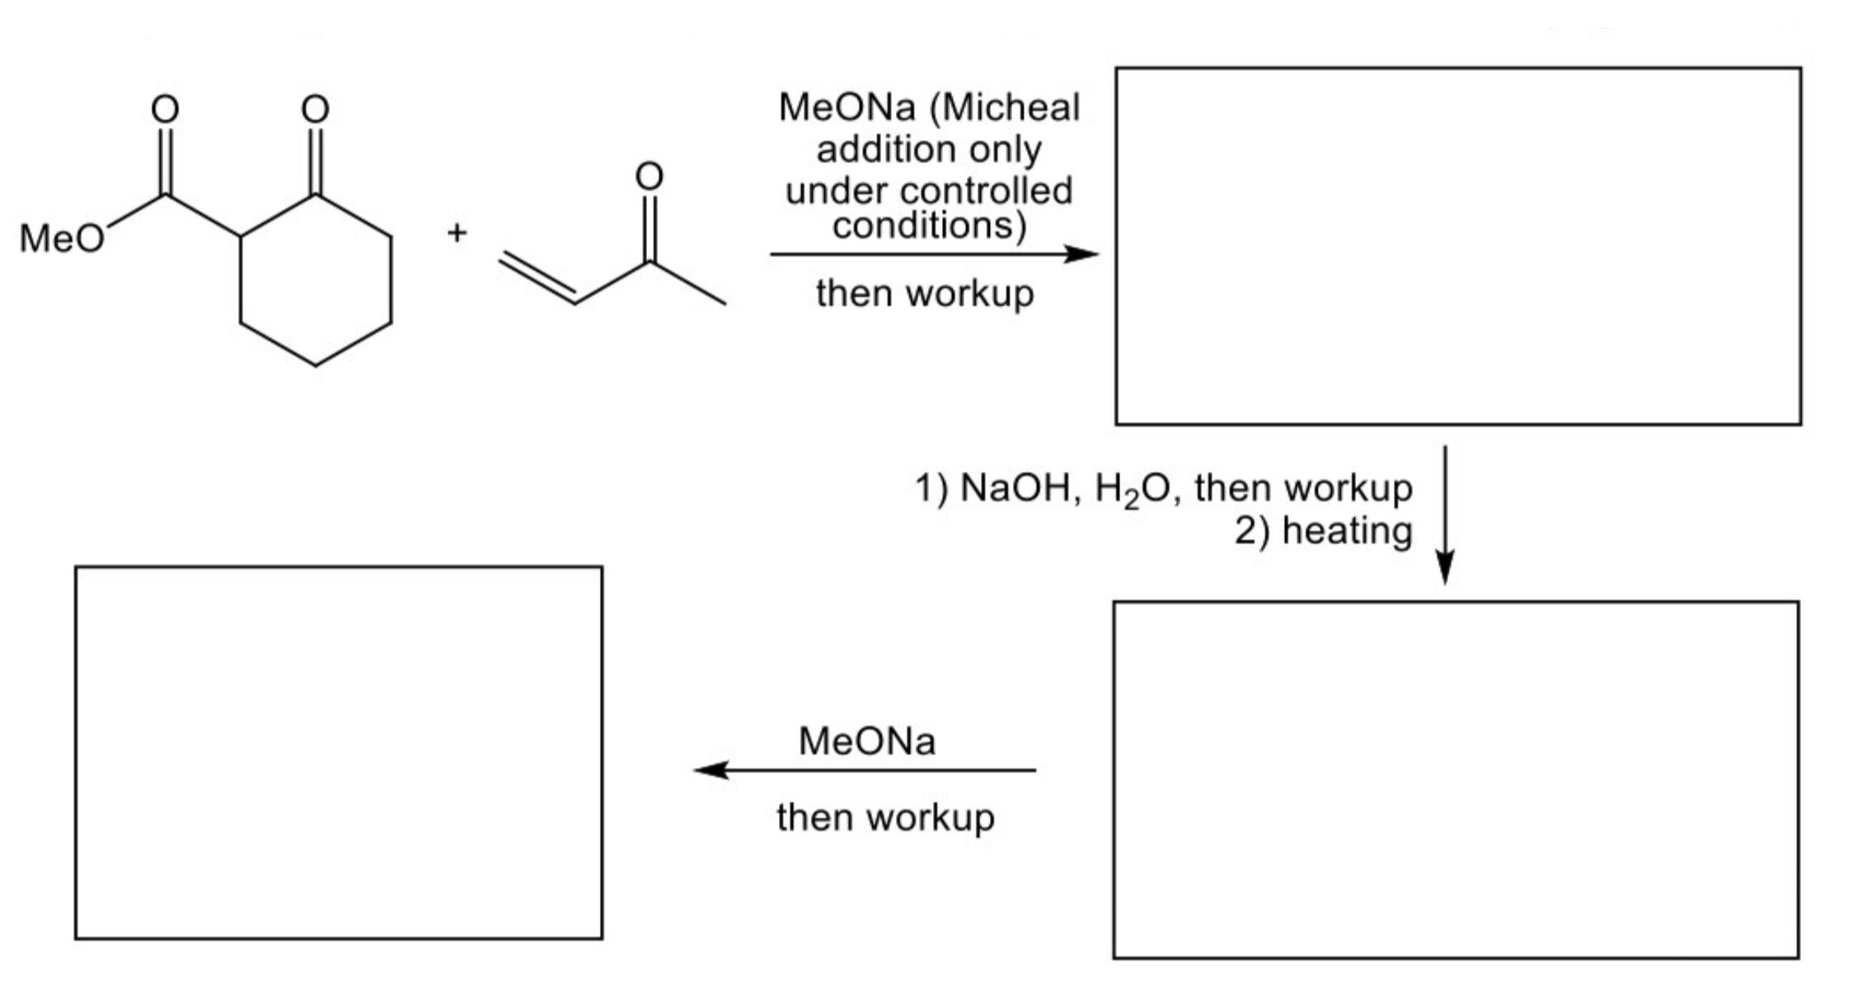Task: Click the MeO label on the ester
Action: point(62,239)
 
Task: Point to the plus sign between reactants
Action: point(457,233)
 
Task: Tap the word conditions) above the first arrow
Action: point(929,225)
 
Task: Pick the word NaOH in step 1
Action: point(1020,487)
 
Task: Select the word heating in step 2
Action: point(1347,530)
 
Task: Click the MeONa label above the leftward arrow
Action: point(866,740)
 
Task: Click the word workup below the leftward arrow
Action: point(930,818)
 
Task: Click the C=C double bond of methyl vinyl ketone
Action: point(537,278)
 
